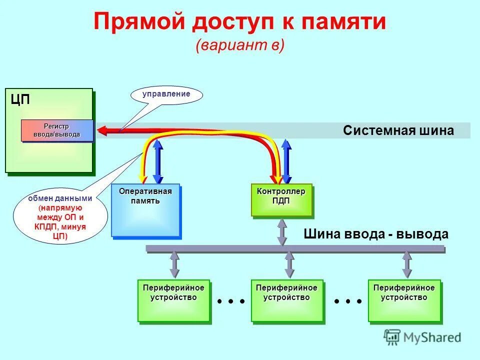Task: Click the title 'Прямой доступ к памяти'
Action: pos(239,22)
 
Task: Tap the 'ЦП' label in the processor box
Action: pos(20,99)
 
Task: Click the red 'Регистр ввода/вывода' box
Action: pos(56,130)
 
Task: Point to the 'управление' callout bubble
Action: pos(167,94)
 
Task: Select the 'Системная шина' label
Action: pos(398,130)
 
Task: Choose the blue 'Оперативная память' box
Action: pos(145,210)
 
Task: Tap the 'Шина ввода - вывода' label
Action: pos(375,234)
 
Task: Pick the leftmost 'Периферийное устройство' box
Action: pos(173,300)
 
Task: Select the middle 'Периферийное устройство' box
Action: pos(286,300)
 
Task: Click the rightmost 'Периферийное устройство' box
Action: pos(404,300)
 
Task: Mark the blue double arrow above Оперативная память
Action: pos(157,161)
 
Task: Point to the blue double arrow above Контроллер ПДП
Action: pos(286,161)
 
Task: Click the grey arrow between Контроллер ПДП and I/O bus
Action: pos(282,231)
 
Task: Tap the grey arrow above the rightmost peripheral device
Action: pos(407,264)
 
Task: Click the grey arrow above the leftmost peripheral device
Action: pos(174,264)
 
